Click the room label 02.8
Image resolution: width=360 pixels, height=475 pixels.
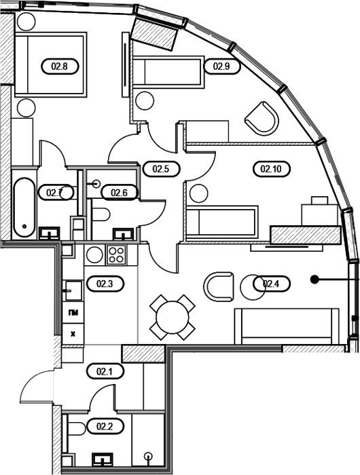(x=60, y=66)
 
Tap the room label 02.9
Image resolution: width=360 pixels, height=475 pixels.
(x=221, y=66)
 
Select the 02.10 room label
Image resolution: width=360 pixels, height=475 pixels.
(x=271, y=169)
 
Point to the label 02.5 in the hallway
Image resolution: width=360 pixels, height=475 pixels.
(x=161, y=169)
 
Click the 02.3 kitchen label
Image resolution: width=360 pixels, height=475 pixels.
(x=105, y=284)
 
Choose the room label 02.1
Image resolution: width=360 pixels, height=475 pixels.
(x=105, y=371)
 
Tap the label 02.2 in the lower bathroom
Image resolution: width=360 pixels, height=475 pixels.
(x=105, y=427)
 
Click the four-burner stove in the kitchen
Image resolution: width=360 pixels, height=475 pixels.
(x=117, y=254)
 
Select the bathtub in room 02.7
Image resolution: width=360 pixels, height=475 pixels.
(x=24, y=207)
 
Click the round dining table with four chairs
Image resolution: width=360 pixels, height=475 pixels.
(x=173, y=317)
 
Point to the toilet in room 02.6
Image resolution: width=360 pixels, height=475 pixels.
(x=101, y=214)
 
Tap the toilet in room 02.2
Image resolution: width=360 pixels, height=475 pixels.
(x=77, y=429)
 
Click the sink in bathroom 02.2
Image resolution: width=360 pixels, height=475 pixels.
(x=102, y=459)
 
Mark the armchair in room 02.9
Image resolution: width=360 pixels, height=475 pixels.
(x=262, y=119)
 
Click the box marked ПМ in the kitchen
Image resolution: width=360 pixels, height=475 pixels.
(x=73, y=312)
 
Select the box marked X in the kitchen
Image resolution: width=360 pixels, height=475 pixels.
(x=73, y=334)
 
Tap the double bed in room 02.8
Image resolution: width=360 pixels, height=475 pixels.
(x=50, y=64)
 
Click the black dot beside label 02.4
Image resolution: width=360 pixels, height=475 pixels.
(x=314, y=279)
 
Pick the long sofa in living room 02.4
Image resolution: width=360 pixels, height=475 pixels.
(x=287, y=326)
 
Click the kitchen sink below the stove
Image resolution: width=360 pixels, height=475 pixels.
(x=73, y=290)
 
